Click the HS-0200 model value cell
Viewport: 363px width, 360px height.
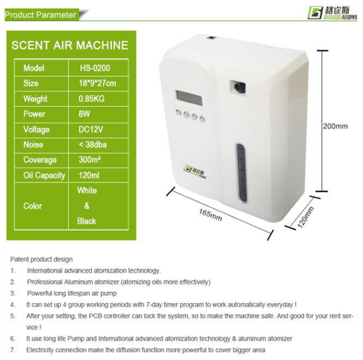95,68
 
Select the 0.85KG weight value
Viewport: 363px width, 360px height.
91,99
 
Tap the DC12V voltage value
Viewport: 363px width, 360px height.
91,129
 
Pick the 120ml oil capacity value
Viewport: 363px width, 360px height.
89,175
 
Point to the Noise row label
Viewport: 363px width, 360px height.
33,145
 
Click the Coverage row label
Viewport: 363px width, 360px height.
40,160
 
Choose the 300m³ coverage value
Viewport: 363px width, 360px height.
89,160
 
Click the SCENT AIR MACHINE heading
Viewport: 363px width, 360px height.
70,45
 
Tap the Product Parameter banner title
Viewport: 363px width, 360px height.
40,15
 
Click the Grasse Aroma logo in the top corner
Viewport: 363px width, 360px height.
333,13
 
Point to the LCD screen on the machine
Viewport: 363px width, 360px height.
189,98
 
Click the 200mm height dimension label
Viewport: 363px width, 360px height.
335,126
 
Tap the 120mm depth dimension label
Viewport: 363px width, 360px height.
306,217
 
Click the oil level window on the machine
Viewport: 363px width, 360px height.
241,173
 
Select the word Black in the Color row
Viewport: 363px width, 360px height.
87,221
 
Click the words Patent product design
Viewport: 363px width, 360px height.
41,259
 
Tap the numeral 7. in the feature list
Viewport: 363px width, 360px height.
13,350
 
